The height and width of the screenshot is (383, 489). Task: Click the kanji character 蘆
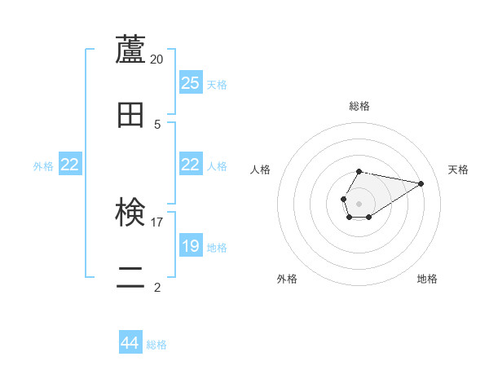point(130,50)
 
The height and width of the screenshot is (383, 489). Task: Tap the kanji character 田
point(130,115)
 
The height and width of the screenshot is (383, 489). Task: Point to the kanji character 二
point(130,277)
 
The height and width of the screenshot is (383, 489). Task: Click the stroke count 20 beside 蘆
point(157,59)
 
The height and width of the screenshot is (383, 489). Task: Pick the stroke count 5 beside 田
point(157,124)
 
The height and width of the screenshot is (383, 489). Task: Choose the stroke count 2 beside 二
point(157,286)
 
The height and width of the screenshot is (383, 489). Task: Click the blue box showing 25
point(191,83)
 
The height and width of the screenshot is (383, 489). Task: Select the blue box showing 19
point(191,246)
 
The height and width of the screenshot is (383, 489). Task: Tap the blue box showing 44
point(130,343)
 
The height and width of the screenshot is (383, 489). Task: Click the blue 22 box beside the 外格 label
point(70,165)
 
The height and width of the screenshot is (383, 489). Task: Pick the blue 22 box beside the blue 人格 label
point(191,165)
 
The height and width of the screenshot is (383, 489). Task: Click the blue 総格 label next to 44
point(156,345)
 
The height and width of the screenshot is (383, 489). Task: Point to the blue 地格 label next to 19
point(217,248)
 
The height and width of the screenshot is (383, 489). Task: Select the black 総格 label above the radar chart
point(359,106)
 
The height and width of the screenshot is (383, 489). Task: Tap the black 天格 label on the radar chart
point(458,169)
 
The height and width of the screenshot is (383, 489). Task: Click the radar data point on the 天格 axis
point(421,183)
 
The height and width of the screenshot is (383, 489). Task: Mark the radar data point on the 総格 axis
point(359,171)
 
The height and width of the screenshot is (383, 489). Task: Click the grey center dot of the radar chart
point(359,203)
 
